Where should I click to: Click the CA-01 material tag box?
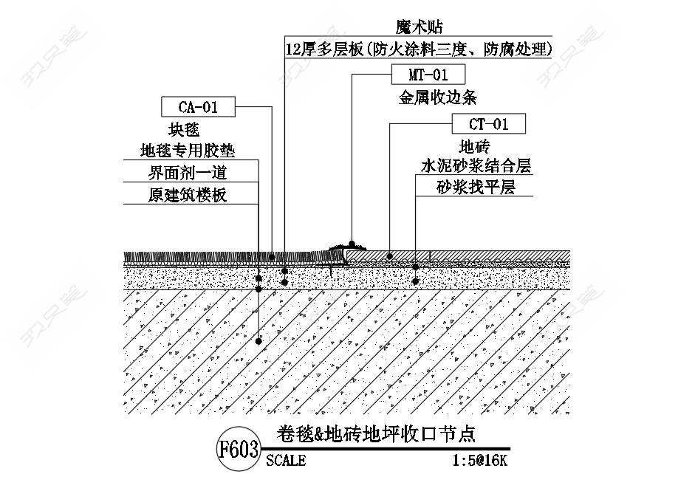coord(198,107)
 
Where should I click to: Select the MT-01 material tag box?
coord(428,75)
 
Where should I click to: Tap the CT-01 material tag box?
coord(488,123)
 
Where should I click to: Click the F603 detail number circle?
coord(239,450)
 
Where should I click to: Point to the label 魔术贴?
coord(419,27)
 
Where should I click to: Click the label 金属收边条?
coord(438,97)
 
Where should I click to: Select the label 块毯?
coord(184,130)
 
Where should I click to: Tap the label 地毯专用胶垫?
coord(188,151)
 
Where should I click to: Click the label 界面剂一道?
coord(188,172)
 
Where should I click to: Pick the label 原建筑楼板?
coord(188,194)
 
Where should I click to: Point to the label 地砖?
coord(475,147)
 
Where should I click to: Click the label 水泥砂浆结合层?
coord(476,166)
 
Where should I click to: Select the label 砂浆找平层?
coord(476,188)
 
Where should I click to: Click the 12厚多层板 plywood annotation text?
coord(419,49)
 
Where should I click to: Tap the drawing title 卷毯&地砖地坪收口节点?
coord(377,434)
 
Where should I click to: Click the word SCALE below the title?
coord(286,461)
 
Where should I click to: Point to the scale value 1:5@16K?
coord(479,461)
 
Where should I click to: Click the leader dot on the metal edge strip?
coord(352,244)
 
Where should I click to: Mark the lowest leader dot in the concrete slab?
coord(259,341)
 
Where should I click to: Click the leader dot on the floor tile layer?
coord(390,256)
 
